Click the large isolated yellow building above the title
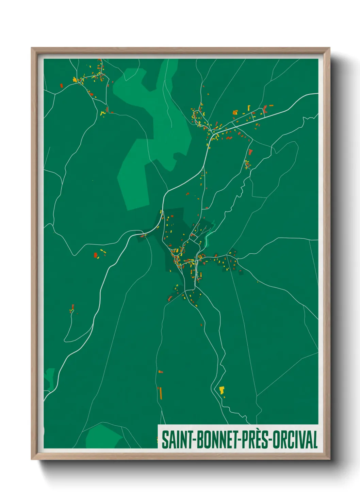coord(222,390)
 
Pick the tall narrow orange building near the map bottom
coord(160,393)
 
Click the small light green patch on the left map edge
coord(50,378)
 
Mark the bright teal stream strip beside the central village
coord(209,237)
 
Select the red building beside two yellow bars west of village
coord(96,255)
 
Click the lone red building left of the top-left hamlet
coord(62,85)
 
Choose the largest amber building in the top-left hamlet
coord(75,80)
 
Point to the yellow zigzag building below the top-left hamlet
coord(102,113)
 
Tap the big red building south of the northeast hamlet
coord(250,152)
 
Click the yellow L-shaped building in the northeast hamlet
coord(235,112)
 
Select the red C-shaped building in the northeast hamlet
coord(265,109)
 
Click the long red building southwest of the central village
coord(170,299)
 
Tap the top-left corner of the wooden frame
coord(32,48)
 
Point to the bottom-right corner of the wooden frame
coord(329,459)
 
